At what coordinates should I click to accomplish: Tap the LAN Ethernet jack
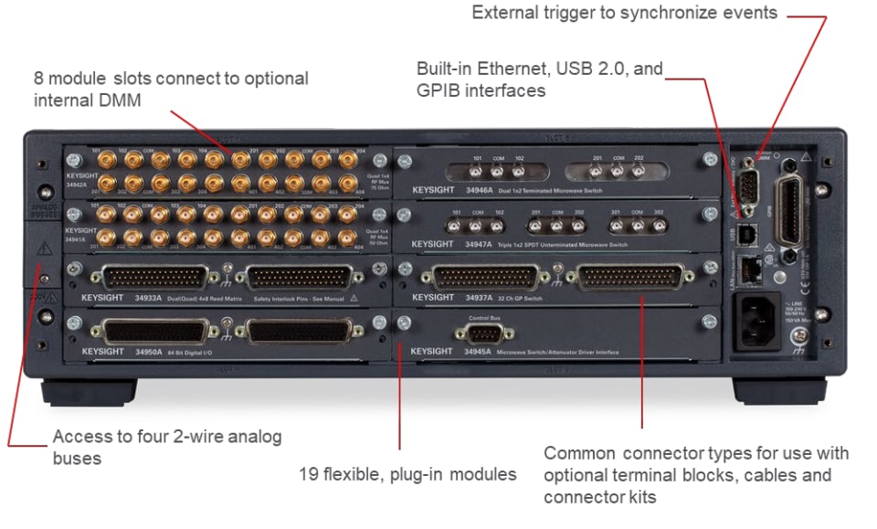pyautogui.click(x=753, y=269)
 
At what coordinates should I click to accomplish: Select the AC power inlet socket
pyautogui.click(x=757, y=319)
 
